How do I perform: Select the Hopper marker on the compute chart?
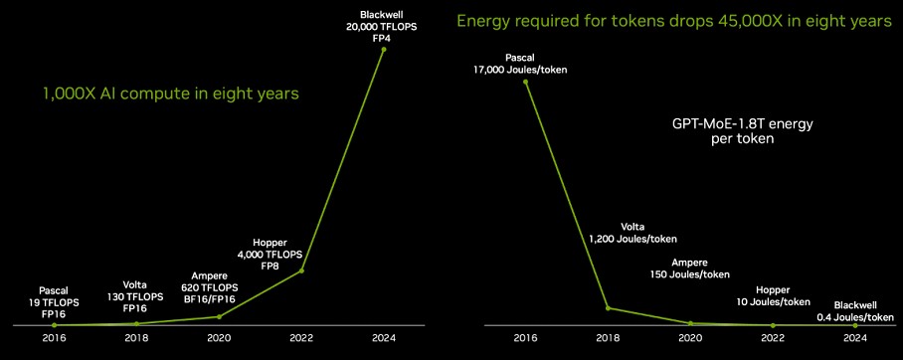[x=301, y=270]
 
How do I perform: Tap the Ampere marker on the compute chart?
[x=219, y=316]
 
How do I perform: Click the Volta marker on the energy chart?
[x=608, y=308]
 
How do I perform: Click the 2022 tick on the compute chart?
[x=301, y=338]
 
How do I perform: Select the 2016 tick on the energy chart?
[x=525, y=338]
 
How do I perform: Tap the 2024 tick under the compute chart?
[x=384, y=338]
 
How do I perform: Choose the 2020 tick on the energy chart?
[x=690, y=338]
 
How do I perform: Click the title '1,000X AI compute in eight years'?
[x=170, y=93]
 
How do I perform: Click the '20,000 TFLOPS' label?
[x=384, y=27]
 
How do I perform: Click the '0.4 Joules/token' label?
[x=854, y=317]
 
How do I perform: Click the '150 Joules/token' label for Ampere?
[x=690, y=274]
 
